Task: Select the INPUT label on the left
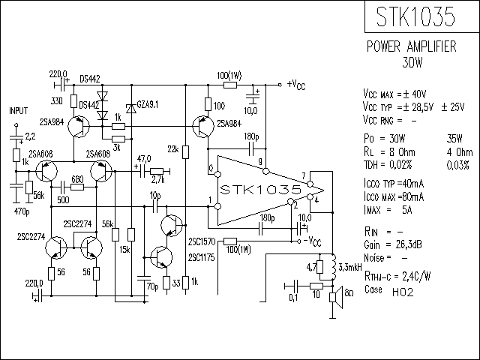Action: coord(19,110)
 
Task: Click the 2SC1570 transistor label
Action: coord(202,242)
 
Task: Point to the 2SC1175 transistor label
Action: coord(202,258)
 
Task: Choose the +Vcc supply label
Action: coord(295,84)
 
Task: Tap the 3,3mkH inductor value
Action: coord(352,267)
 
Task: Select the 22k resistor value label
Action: coord(172,150)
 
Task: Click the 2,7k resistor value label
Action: coord(157,181)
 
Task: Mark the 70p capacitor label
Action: coord(152,286)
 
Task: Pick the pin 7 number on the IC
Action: coord(303,178)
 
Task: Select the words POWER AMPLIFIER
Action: coord(411,46)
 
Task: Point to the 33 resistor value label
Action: coord(176,283)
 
